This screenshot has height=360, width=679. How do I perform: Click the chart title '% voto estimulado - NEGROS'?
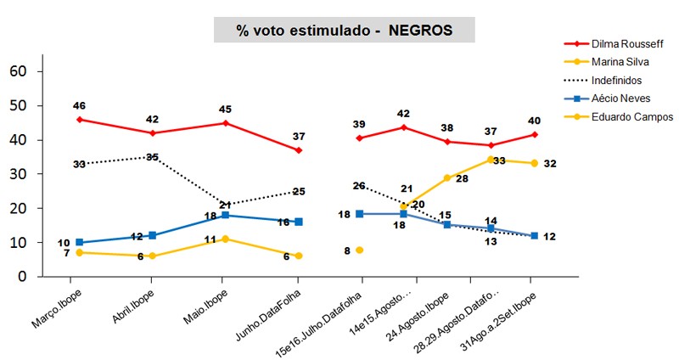[344, 30]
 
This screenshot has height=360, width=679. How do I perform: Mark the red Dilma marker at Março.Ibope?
[80, 120]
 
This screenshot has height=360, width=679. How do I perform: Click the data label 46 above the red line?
[80, 105]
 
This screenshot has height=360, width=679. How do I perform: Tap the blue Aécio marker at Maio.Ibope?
[225, 215]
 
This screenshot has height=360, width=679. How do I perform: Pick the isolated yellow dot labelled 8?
[360, 250]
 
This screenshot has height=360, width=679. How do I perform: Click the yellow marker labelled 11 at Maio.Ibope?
[225, 239]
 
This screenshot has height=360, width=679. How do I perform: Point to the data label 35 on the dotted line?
[153, 157]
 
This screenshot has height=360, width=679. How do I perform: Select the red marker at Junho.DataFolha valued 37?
[299, 150]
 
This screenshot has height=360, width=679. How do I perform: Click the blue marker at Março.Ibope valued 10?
[80, 242]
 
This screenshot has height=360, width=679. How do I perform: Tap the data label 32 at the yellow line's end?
[550, 164]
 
